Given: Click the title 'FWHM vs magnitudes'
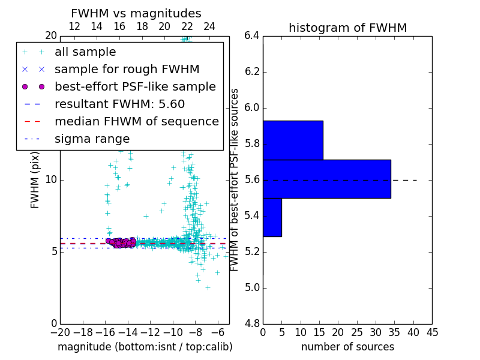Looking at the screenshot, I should pos(136,13).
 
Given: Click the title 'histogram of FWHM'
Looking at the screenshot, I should pos(347,28).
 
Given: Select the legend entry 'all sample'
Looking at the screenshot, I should pos(85,52).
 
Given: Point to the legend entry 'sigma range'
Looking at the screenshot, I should pos(92,139).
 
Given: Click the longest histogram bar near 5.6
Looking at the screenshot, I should pos(326,179).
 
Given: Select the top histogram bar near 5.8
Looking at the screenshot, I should pos(293,140).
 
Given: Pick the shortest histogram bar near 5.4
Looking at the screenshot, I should pos(272,217).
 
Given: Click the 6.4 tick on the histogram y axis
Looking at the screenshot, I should pos(252,36).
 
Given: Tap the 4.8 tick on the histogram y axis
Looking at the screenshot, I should pos(252,323).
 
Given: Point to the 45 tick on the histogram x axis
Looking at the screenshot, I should pos(431,332).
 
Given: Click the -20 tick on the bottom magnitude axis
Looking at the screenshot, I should pos(60,332).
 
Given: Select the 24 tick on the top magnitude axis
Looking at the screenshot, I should pos(209,27).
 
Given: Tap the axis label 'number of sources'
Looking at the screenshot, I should pos(347,347).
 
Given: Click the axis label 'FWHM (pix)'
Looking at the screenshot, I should pos(35,179).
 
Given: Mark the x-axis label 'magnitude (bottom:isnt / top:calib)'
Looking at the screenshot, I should pos(145,347).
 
